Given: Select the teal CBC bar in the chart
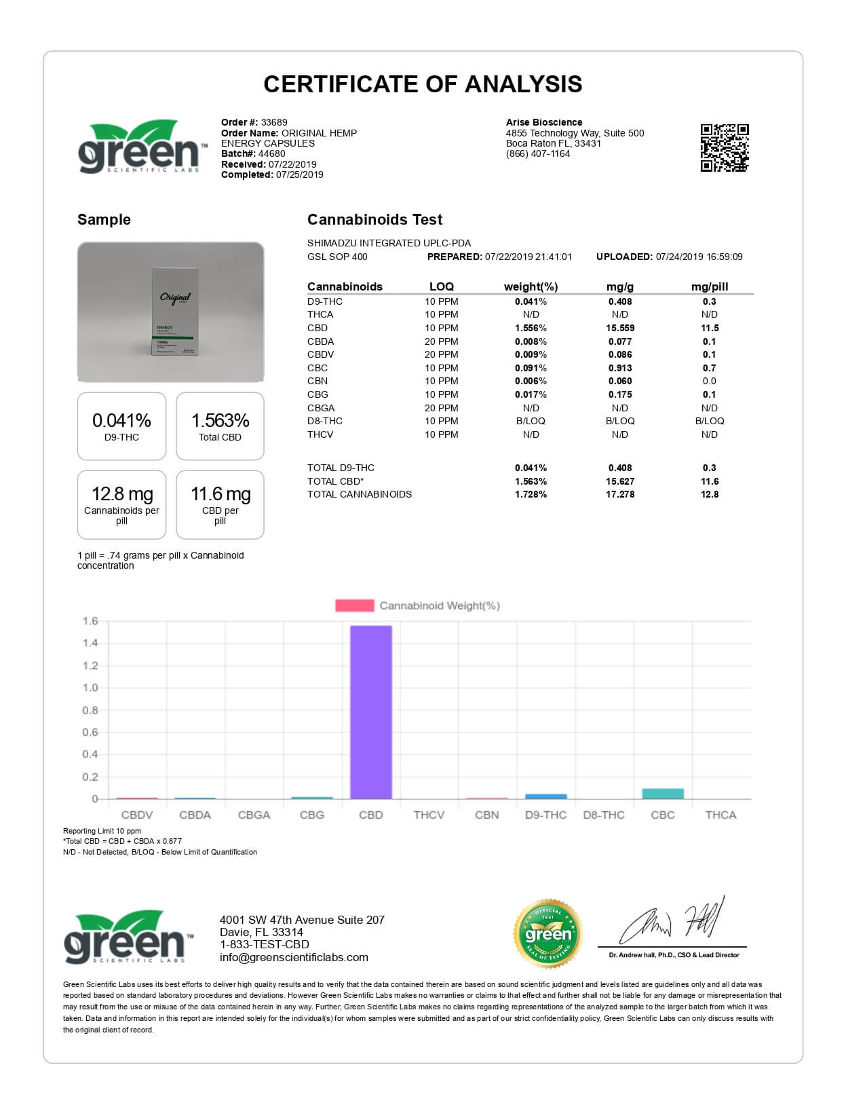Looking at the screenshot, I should [x=662, y=794].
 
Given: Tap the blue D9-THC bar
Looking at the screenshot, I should [x=545, y=796].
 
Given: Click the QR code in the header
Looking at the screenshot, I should [x=724, y=147].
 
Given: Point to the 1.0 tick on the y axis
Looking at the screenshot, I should [x=90, y=688].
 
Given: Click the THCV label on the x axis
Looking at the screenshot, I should [x=429, y=815].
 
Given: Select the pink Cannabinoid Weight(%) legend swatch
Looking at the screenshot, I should [x=354, y=605].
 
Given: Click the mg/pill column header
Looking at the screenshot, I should [x=709, y=286].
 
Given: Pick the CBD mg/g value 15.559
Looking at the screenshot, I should [x=620, y=328].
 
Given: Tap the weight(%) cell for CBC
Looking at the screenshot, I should [x=531, y=368].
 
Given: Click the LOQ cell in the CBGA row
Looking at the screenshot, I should [x=441, y=408].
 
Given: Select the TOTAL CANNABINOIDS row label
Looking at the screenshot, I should [x=359, y=494].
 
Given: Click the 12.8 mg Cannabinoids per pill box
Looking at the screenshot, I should [x=121, y=504].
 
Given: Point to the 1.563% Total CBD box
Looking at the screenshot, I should [x=220, y=426].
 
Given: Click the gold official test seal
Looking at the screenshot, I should [x=547, y=934].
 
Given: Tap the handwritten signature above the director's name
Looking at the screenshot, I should [x=672, y=923].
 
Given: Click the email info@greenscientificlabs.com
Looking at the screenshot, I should [x=294, y=957].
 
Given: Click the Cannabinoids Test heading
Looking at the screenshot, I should [x=374, y=219].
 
